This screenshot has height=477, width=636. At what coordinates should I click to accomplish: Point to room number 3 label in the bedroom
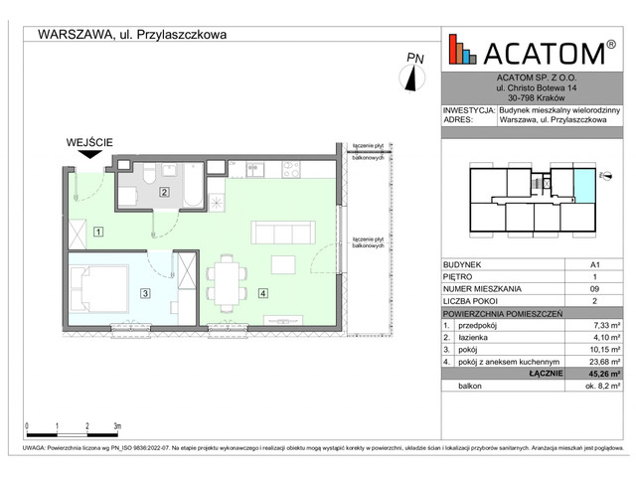click(x=145, y=293)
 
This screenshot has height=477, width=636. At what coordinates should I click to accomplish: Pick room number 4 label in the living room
click(x=261, y=293)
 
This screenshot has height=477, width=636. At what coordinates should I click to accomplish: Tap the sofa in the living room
click(x=284, y=233)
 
